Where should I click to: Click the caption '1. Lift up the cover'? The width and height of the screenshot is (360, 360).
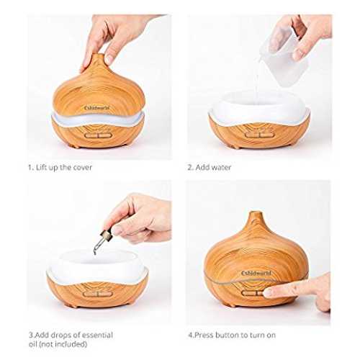pyautogui.click(x=60, y=167)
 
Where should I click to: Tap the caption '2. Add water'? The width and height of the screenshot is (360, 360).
pyautogui.click(x=210, y=167)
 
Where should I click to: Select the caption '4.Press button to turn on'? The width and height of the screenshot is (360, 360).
pyautogui.click(x=232, y=335)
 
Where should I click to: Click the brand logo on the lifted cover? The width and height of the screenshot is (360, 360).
pyautogui.click(x=97, y=108)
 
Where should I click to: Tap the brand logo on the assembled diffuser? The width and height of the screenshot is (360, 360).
pyautogui.click(x=256, y=274)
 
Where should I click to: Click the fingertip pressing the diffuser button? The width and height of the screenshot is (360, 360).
pyautogui.click(x=268, y=292)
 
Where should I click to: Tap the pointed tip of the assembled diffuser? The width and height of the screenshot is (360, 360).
pyautogui.click(x=256, y=212)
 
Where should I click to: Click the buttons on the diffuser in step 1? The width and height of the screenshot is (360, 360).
pyautogui.click(x=97, y=135)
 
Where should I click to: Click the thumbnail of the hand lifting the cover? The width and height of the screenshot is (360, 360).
pyautogui.click(x=99, y=87)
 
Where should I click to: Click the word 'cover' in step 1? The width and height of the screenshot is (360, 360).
pyautogui.click(x=83, y=168)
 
